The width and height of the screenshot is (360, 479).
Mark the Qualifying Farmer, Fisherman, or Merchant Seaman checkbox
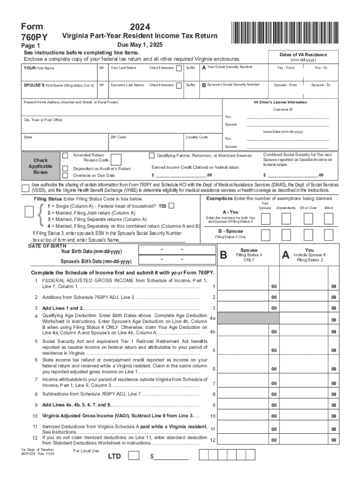(x=151, y=155)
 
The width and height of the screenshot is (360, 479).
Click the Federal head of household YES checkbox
(x=172, y=206)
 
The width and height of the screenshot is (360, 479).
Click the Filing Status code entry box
(x=29, y=212)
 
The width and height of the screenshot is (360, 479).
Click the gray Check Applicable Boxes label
(x=40, y=166)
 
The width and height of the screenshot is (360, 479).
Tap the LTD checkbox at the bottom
(x=133, y=456)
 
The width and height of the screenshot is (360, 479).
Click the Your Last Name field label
(x=123, y=68)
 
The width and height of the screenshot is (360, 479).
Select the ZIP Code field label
(x=118, y=137)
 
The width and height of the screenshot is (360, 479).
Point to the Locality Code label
(x=196, y=137)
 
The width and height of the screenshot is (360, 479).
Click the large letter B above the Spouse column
(x=223, y=255)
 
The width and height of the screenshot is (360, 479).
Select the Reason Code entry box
(x=116, y=160)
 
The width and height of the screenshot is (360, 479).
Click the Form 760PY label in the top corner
(x=31, y=31)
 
